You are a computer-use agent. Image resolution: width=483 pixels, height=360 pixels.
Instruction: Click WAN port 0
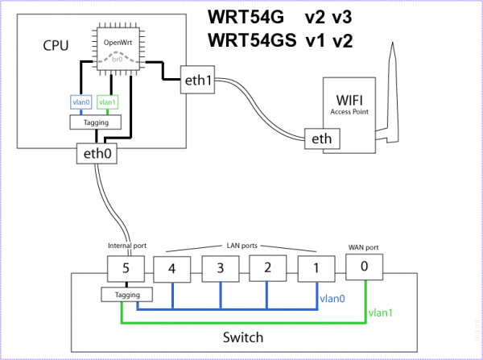[365, 267]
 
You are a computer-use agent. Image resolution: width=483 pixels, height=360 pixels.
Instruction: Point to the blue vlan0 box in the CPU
[80, 102]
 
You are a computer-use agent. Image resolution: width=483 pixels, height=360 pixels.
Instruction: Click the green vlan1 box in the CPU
[108, 102]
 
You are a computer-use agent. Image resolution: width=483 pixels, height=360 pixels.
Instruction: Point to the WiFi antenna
[392, 89]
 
